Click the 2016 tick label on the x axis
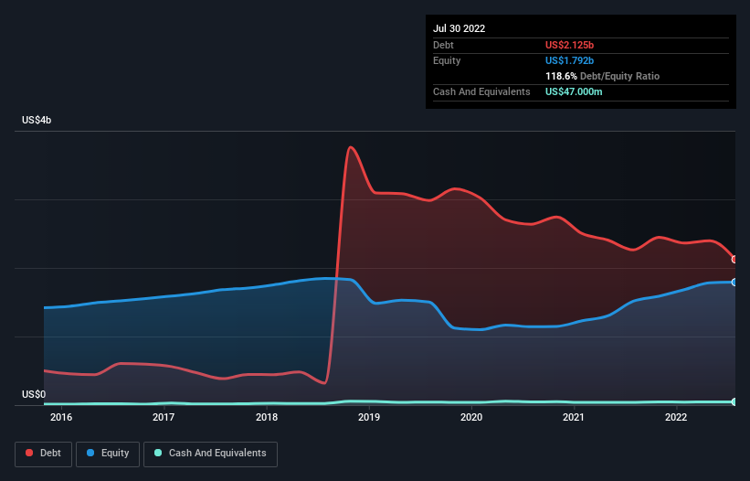tap(61, 417)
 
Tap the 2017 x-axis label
tap(164, 417)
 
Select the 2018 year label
tap(267, 417)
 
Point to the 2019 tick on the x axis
tap(369, 417)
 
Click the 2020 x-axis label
tap(471, 417)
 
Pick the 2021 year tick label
tap(574, 417)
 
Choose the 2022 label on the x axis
tap(676, 417)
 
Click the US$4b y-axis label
tap(37, 120)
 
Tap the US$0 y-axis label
tap(34, 394)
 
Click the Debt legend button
tap(43, 454)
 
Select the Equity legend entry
tap(108, 454)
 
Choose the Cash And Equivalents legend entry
tap(210, 454)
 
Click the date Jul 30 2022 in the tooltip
tap(460, 28)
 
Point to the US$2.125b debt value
tap(569, 45)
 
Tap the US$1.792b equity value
tap(569, 60)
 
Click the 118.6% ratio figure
tap(561, 76)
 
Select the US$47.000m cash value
tap(574, 91)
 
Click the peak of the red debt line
tap(351, 147)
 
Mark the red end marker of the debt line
tap(734, 260)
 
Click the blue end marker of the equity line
tap(734, 283)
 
